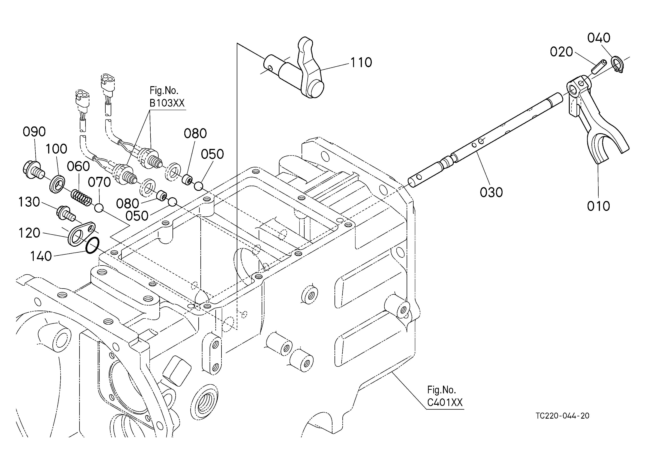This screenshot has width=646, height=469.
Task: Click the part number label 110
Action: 361,63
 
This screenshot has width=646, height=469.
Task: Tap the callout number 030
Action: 491,193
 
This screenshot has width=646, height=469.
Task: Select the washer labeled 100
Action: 57,184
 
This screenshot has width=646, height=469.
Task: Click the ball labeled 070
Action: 99,208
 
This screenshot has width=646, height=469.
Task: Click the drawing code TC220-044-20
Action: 562,416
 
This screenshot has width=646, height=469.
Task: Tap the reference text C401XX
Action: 445,402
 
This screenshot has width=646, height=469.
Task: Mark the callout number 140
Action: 41,256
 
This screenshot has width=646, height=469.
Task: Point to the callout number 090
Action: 34,132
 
